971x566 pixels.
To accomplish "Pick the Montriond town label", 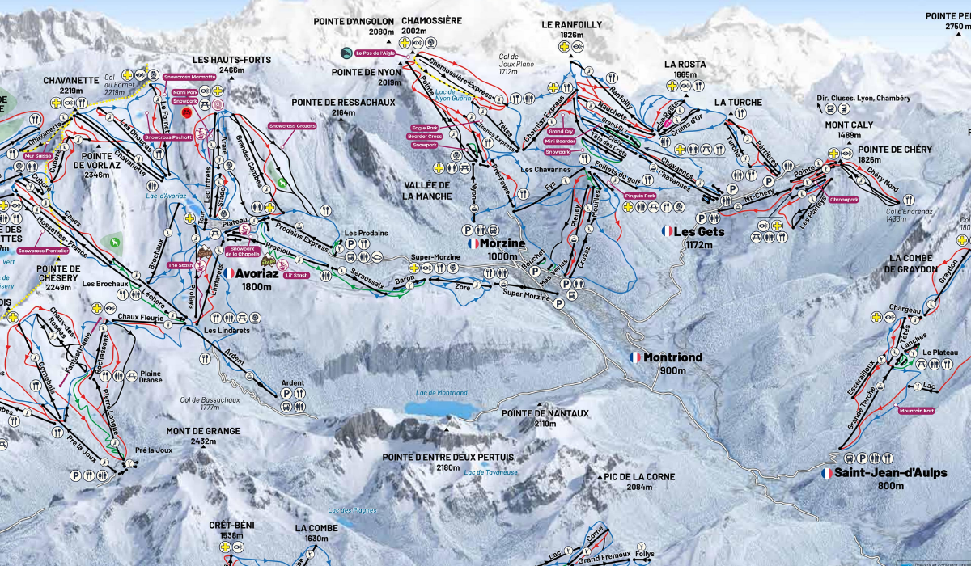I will [x=672, y=357].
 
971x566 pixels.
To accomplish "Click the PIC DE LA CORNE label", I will [x=638, y=477].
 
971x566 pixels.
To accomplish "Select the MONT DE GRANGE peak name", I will [x=192, y=431].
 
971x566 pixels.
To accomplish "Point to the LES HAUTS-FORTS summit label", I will [x=218, y=60].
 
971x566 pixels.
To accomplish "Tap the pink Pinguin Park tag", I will [x=640, y=195].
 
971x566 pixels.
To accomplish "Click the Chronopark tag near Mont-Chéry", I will [x=843, y=198].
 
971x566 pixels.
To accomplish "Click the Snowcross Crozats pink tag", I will [x=292, y=126].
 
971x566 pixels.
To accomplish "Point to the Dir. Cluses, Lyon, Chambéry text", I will [x=863, y=99].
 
